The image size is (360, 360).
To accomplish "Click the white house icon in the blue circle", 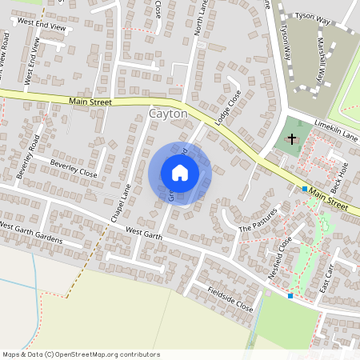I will (180, 173).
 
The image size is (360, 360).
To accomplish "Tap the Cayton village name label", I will (168, 115).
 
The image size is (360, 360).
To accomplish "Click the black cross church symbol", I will (292, 139).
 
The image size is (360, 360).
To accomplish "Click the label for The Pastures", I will (258, 223).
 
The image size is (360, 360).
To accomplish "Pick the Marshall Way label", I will (323, 59).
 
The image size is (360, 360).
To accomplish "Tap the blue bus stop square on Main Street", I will (305, 189).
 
